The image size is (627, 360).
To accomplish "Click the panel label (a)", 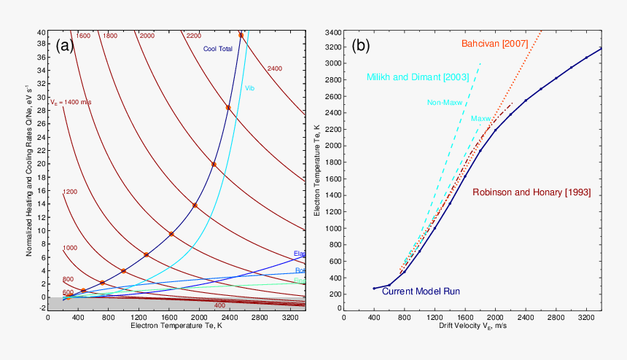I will coord(64,46).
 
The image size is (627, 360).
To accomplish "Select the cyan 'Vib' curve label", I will coord(249,88).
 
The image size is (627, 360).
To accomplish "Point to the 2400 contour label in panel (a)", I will coord(274,69).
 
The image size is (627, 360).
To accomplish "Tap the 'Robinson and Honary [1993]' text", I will coord(531,192).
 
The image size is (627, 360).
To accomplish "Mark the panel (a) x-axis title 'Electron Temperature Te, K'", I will coord(176,326).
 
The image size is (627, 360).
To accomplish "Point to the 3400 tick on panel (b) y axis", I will coord(332,33).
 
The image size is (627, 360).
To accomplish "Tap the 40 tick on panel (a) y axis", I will coord(41,33).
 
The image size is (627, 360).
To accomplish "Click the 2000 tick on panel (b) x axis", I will coord(495,317).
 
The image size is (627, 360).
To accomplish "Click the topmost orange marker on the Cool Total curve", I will coord(241,35).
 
